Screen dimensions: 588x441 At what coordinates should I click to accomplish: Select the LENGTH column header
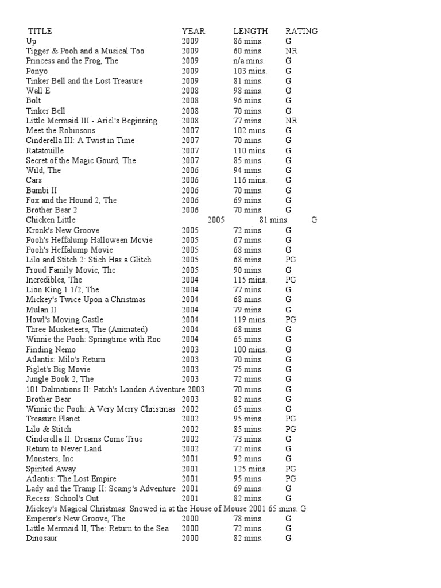(x=250, y=31)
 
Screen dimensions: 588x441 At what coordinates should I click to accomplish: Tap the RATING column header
(x=301, y=31)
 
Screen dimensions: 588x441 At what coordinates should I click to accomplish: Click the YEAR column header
(x=194, y=31)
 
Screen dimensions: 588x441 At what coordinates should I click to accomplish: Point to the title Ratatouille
(x=45, y=150)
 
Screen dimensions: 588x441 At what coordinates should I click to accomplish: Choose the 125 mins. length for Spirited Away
(x=250, y=469)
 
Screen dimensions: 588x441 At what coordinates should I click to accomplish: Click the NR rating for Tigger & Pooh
(x=291, y=51)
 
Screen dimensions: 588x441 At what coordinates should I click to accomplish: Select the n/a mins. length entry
(x=249, y=61)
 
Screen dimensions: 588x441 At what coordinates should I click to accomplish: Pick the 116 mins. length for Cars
(x=250, y=180)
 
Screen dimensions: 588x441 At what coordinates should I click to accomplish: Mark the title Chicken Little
(x=51, y=220)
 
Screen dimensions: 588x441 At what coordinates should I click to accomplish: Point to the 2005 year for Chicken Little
(x=216, y=220)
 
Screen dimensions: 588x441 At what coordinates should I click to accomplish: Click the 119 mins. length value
(x=250, y=320)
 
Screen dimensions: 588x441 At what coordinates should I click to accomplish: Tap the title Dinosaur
(x=42, y=539)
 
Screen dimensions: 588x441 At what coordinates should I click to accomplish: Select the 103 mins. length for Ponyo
(x=250, y=71)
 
